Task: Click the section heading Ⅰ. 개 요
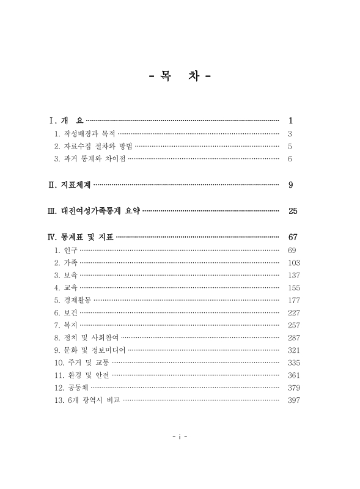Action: click(65, 120)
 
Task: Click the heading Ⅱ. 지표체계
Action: click(69, 185)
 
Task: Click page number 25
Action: click(292, 211)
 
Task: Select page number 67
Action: click(292, 237)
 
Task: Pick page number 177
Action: click(293, 300)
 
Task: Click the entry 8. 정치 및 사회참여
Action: click(86, 337)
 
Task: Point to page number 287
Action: click(293, 337)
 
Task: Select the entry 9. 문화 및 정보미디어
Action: click(90, 350)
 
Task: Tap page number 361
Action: click(293, 375)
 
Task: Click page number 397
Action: click(293, 400)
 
